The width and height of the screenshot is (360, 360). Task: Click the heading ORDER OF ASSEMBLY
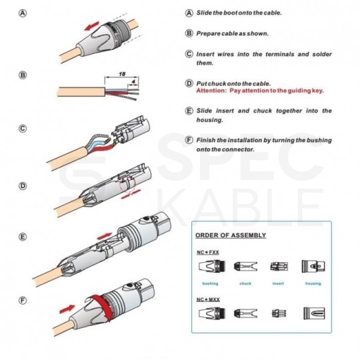click(x=230, y=235)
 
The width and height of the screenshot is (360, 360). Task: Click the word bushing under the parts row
click(x=210, y=283)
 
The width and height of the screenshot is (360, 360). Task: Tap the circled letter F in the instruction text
click(x=189, y=141)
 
